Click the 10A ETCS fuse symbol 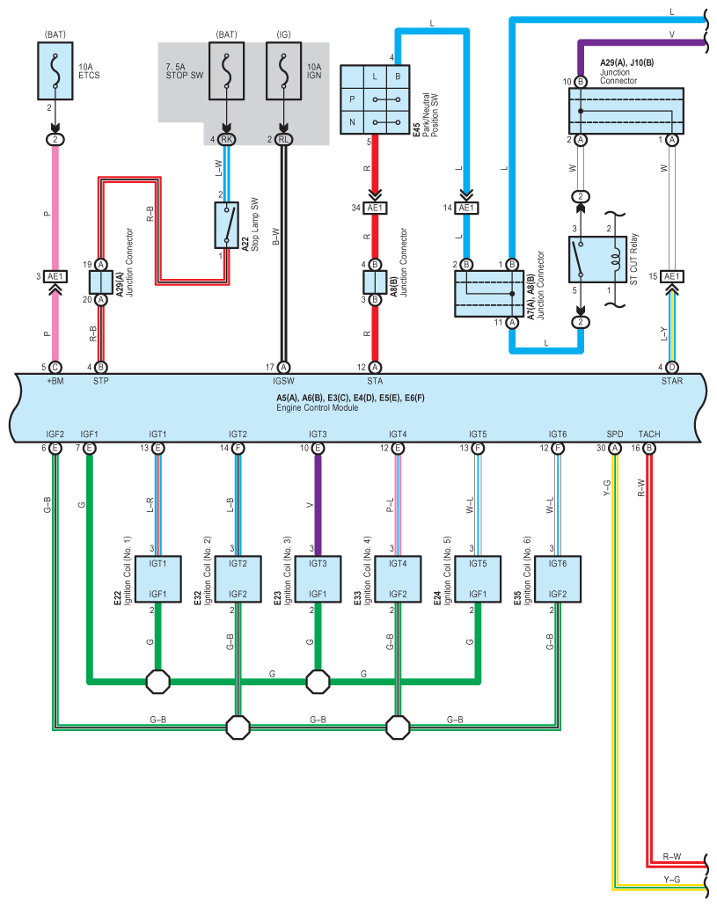pos(55,70)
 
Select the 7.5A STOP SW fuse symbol pos(226,70)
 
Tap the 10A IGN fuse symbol pos(283,70)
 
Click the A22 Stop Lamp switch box pos(226,225)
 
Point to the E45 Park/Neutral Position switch pos(375,99)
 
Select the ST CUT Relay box pos(597,260)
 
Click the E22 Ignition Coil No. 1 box pos(158,579)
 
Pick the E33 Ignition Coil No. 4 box pos(398,579)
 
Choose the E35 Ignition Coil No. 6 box pos(558,579)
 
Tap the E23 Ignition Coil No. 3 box pos(318,579)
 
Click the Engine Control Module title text pos(317,408)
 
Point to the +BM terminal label pos(55,381)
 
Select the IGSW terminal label pos(283,381)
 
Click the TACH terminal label pos(649,434)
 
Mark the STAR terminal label pos(672,381)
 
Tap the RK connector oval pos(226,139)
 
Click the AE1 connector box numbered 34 pos(375,208)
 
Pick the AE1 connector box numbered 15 pos(672,276)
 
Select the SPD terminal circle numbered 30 pos(615,449)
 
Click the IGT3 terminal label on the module pos(318,434)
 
